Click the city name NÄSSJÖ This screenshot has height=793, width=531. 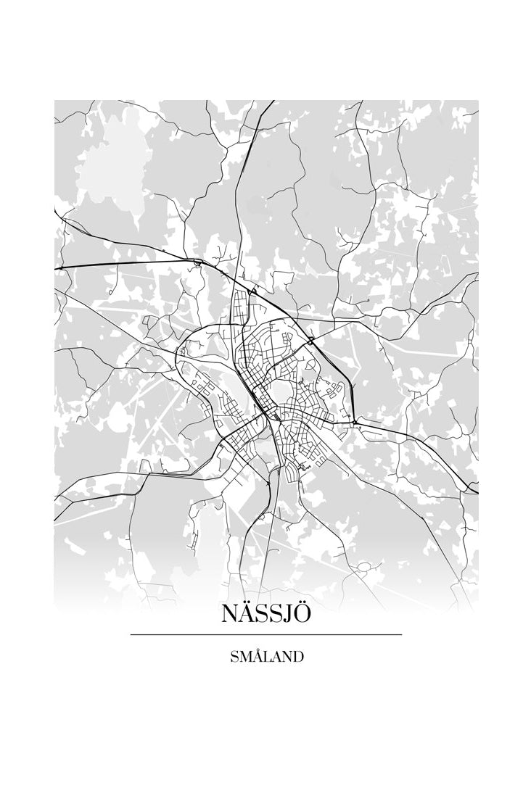pyautogui.click(x=265, y=613)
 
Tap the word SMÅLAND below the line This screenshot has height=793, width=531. pyautogui.click(x=265, y=657)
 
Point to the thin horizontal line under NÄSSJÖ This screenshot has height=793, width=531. pyautogui.click(x=265, y=635)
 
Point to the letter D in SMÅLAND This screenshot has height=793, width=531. pyautogui.click(x=297, y=657)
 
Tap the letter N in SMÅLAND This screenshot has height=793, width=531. pyautogui.click(x=286, y=657)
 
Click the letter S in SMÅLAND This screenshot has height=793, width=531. pyautogui.click(x=234, y=657)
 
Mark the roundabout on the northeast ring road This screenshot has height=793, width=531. pyautogui.click(x=310, y=339)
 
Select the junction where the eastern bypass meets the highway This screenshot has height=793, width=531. pyautogui.click(x=355, y=421)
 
